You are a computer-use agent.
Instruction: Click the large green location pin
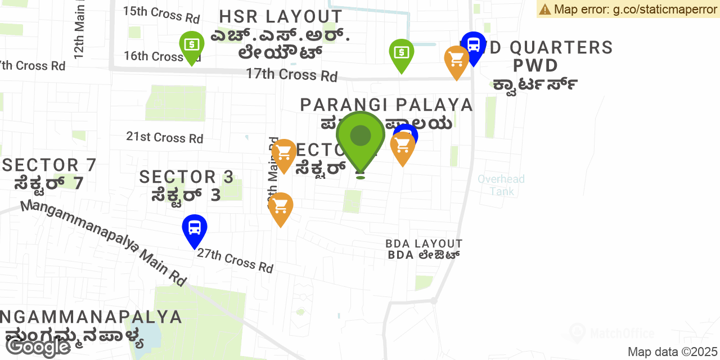click(361, 138)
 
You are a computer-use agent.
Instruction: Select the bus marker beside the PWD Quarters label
click(474, 45)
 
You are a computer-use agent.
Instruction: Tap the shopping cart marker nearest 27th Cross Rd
click(280, 207)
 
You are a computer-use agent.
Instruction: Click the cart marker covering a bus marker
click(403, 146)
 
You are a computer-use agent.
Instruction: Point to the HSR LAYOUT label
click(281, 16)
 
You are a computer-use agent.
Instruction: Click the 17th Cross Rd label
click(291, 74)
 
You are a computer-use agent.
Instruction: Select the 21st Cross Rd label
click(164, 137)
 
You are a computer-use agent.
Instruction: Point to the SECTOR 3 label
click(186, 177)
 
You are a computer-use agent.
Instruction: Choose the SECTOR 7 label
click(49, 165)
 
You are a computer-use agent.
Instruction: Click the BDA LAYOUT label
click(424, 244)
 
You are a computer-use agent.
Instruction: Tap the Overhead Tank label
click(501, 184)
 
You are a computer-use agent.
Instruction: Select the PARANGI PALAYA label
click(386, 105)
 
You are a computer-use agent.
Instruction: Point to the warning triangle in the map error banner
click(544, 9)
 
